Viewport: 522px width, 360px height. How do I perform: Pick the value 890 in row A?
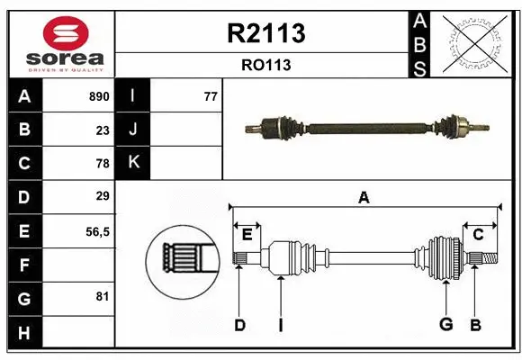pos(98,96)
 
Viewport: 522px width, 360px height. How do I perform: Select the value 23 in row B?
pos(103,130)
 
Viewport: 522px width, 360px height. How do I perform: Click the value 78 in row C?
pos(103,164)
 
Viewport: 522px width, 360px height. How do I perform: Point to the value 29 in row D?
pos(103,196)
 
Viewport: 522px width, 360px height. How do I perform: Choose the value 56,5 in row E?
pos(97,231)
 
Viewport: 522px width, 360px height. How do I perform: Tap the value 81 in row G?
pos(103,297)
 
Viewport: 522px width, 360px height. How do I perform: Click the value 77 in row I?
pos(211,96)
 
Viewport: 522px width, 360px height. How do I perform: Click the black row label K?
pos(132,163)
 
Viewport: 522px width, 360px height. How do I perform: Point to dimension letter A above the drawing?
pos(364,198)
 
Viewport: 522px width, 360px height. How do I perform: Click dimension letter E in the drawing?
pos(247,235)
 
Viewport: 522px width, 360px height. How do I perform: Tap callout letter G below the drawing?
pos(445,325)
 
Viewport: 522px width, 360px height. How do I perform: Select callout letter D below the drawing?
pos(239,325)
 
